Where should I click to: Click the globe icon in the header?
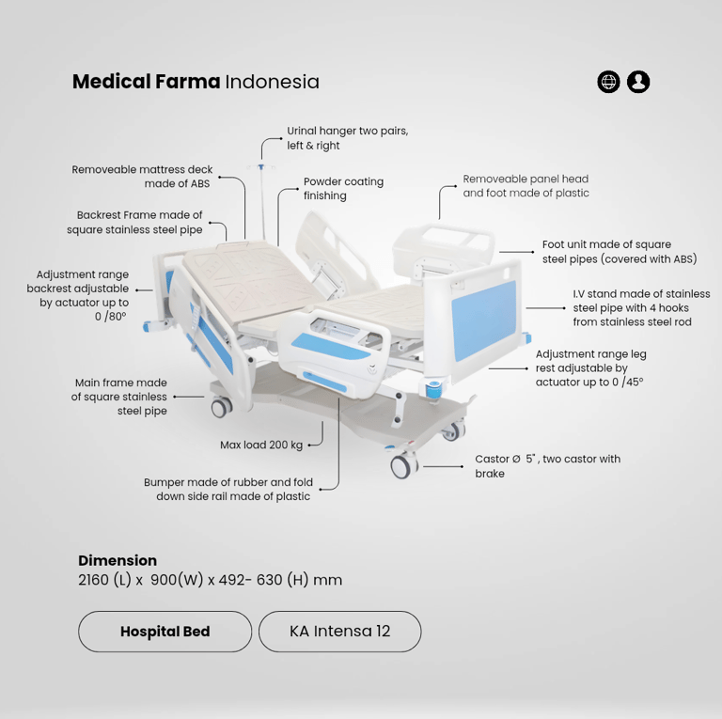(608, 83)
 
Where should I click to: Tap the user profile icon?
(638, 83)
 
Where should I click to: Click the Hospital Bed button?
(165, 632)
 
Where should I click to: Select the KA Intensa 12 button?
(339, 632)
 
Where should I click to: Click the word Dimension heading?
(118, 560)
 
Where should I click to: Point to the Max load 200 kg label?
(261, 445)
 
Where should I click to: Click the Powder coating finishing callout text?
(343, 188)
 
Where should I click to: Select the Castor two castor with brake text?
(547, 466)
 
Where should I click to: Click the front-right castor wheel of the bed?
(403, 465)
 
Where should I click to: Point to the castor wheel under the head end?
(222, 407)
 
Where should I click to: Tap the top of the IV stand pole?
(261, 166)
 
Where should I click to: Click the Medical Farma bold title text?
(147, 82)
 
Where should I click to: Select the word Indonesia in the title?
(272, 82)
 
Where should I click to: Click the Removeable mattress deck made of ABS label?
(142, 177)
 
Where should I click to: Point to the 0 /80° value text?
(111, 317)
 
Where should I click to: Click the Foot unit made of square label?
(606, 244)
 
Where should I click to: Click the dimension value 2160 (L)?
(105, 580)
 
